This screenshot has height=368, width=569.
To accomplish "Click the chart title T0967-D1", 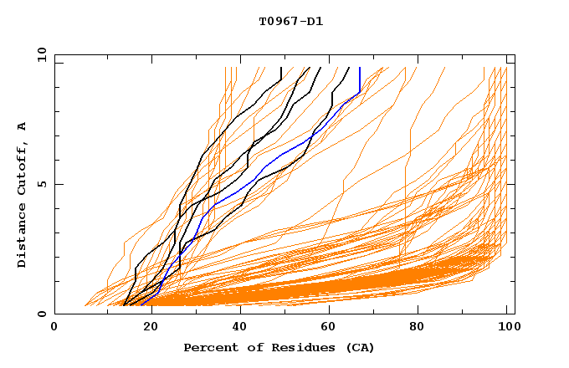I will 290,21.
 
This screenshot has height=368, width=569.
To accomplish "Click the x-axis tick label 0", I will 54,329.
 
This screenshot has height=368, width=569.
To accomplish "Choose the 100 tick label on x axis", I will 507,329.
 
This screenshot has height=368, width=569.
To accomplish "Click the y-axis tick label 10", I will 41,54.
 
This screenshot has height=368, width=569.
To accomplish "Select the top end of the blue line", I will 360,68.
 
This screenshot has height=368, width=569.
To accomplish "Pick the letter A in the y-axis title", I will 22,126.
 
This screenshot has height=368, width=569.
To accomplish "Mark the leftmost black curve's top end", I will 282,68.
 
